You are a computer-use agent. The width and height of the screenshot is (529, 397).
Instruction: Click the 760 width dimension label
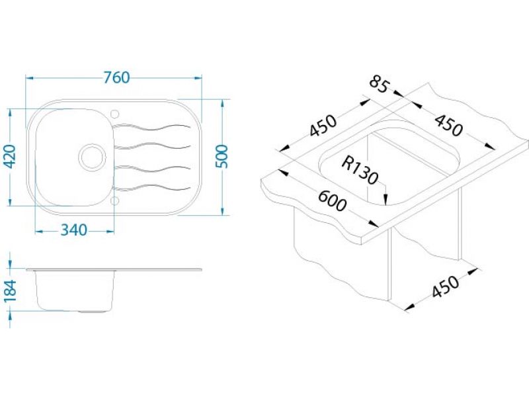tap(116, 77)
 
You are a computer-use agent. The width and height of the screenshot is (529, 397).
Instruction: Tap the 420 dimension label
tap(10, 156)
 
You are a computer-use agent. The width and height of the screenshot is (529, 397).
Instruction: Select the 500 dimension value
tap(222, 156)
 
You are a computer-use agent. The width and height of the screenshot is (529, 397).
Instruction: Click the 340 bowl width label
tap(74, 230)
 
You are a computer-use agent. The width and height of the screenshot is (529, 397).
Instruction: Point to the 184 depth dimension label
tap(10, 291)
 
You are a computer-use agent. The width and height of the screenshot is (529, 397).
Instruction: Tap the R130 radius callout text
tap(360, 170)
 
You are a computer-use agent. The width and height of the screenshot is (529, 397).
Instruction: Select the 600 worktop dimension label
tap(333, 201)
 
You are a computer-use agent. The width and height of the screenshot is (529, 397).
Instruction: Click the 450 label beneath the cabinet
tap(446, 287)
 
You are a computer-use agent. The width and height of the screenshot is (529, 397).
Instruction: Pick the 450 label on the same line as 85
tap(448, 125)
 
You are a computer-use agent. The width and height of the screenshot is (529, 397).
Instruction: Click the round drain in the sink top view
tap(91, 157)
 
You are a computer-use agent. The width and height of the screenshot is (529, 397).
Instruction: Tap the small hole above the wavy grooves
tap(114, 113)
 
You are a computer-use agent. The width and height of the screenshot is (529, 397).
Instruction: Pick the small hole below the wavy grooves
tap(114, 200)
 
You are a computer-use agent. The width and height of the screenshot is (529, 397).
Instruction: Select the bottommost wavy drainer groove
tap(153, 188)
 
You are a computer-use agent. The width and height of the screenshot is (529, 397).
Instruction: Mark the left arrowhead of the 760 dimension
tap(30, 78)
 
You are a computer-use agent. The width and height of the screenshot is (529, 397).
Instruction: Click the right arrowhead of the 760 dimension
tap(198, 78)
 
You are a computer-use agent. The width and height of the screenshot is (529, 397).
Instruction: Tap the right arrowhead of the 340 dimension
tap(110, 231)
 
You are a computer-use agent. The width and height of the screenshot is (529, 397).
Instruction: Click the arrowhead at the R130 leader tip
tap(386, 200)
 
